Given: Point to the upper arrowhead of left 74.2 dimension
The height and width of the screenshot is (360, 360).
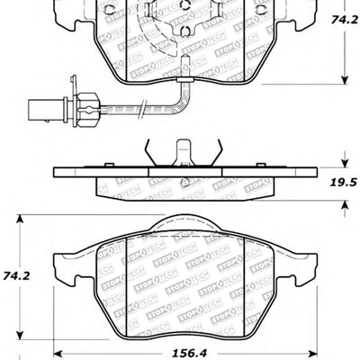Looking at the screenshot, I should click(20, 218).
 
